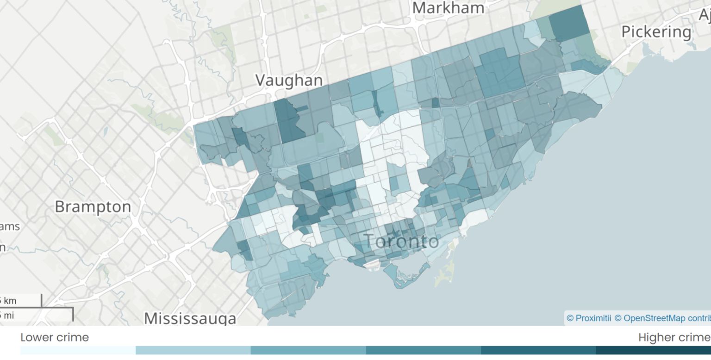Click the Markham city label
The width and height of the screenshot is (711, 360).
pyautogui.click(x=448, y=8)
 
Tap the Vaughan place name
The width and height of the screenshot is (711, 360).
pyautogui.click(x=289, y=80)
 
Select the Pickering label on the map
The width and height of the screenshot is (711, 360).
pyautogui.click(x=656, y=32)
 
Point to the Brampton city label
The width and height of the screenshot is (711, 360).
pyautogui.click(x=93, y=206)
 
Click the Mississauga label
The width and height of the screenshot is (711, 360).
pyautogui.click(x=190, y=318)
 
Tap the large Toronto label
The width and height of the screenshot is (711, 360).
pyautogui.click(x=401, y=241)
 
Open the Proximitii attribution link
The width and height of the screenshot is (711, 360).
pyautogui.click(x=588, y=318)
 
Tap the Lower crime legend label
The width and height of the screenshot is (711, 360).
pyautogui.click(x=55, y=337)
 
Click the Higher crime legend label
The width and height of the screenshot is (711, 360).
pyautogui.click(x=674, y=337)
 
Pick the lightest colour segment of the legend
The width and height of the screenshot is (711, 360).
pyautogui.click(x=78, y=350)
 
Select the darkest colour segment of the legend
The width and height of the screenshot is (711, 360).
pyautogui.click(x=653, y=350)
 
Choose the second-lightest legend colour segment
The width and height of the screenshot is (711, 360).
pyautogui.click(x=193, y=350)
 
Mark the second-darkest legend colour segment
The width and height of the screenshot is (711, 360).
pyautogui.click(x=538, y=350)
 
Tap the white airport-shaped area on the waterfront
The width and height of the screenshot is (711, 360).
pyautogui.click(x=372, y=264)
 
